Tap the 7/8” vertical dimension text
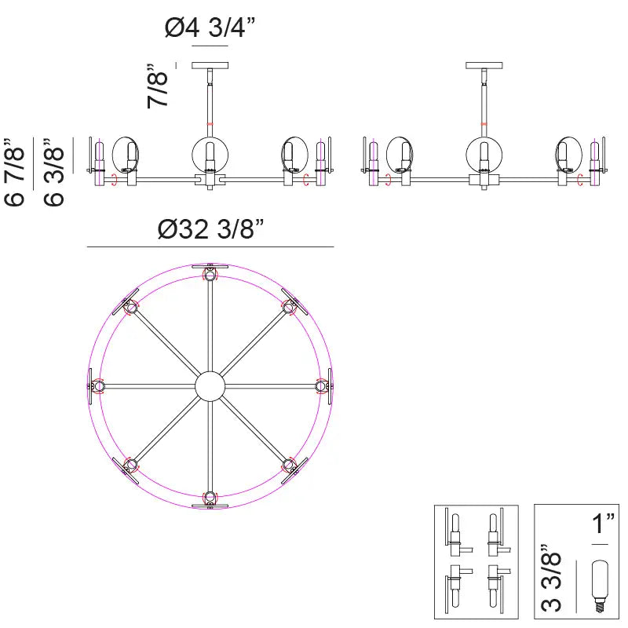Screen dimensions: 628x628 [158, 86]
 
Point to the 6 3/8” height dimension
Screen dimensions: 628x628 [53, 172]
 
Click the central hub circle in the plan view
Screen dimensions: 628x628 [210, 385]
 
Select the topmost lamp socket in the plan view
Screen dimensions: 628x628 [210, 274]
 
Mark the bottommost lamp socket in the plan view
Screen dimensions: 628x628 [210, 497]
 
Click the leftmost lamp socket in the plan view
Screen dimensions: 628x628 [98, 385]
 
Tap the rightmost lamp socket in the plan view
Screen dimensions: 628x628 [321, 385]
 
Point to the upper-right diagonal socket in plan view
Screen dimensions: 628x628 [289, 307]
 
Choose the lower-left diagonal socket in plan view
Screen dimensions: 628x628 [131, 465]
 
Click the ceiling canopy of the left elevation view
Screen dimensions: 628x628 [210, 65]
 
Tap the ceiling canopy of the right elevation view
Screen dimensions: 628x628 [484, 65]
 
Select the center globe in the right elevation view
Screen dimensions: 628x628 [484, 153]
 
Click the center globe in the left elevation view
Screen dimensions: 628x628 [210, 153]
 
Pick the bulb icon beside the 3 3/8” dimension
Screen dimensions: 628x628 [601, 585]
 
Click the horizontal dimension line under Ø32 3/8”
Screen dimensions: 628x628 [210, 247]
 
